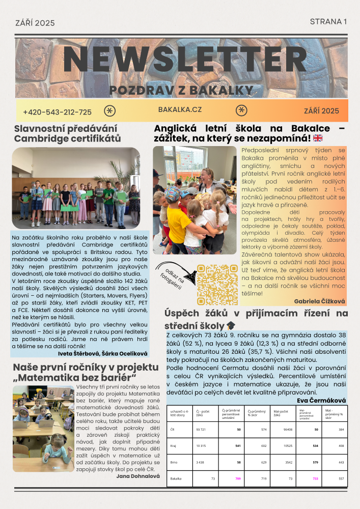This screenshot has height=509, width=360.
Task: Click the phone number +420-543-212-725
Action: (58, 112)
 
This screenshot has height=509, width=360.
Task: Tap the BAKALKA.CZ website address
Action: (180, 110)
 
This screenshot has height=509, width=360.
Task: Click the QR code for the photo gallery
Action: (217, 285)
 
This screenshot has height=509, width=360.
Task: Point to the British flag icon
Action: (318, 138)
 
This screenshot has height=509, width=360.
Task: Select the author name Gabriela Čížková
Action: (319, 301)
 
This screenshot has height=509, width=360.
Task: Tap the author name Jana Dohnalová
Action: (139, 476)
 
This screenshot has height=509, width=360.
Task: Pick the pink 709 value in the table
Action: (238, 479)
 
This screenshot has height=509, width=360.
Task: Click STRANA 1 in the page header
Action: (328, 21)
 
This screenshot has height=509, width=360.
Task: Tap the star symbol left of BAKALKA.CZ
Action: (109, 111)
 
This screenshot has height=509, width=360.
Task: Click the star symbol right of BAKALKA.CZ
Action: (241, 110)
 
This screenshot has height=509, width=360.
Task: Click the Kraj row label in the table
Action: (173, 446)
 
